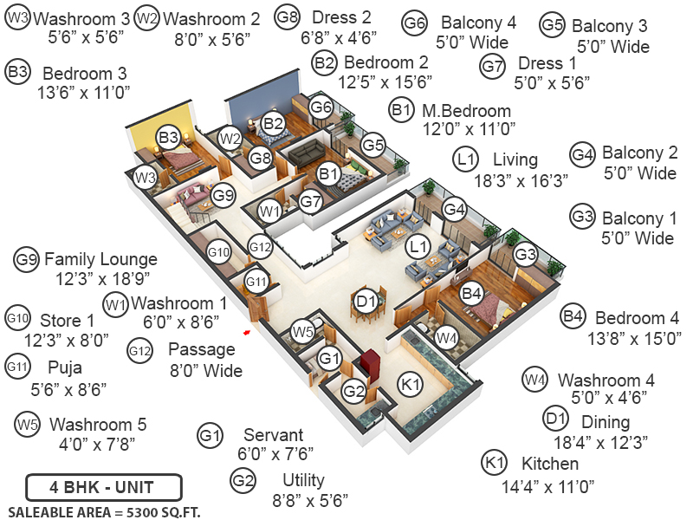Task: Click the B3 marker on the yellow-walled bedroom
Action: [x=168, y=136]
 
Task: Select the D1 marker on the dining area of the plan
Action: [x=366, y=302]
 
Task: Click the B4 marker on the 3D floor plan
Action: [x=471, y=293]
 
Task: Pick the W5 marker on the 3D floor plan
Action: [x=301, y=330]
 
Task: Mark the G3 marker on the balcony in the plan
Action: [x=525, y=255]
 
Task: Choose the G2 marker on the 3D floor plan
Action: [x=353, y=392]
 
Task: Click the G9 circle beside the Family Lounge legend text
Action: [x=26, y=258]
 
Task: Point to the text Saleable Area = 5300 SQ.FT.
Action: [x=104, y=511]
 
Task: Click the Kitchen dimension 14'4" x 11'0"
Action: [x=548, y=486]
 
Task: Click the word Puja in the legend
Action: [x=66, y=367]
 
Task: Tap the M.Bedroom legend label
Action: [x=466, y=111]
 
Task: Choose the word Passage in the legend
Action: [x=201, y=350]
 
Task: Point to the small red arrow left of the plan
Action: [x=247, y=330]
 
